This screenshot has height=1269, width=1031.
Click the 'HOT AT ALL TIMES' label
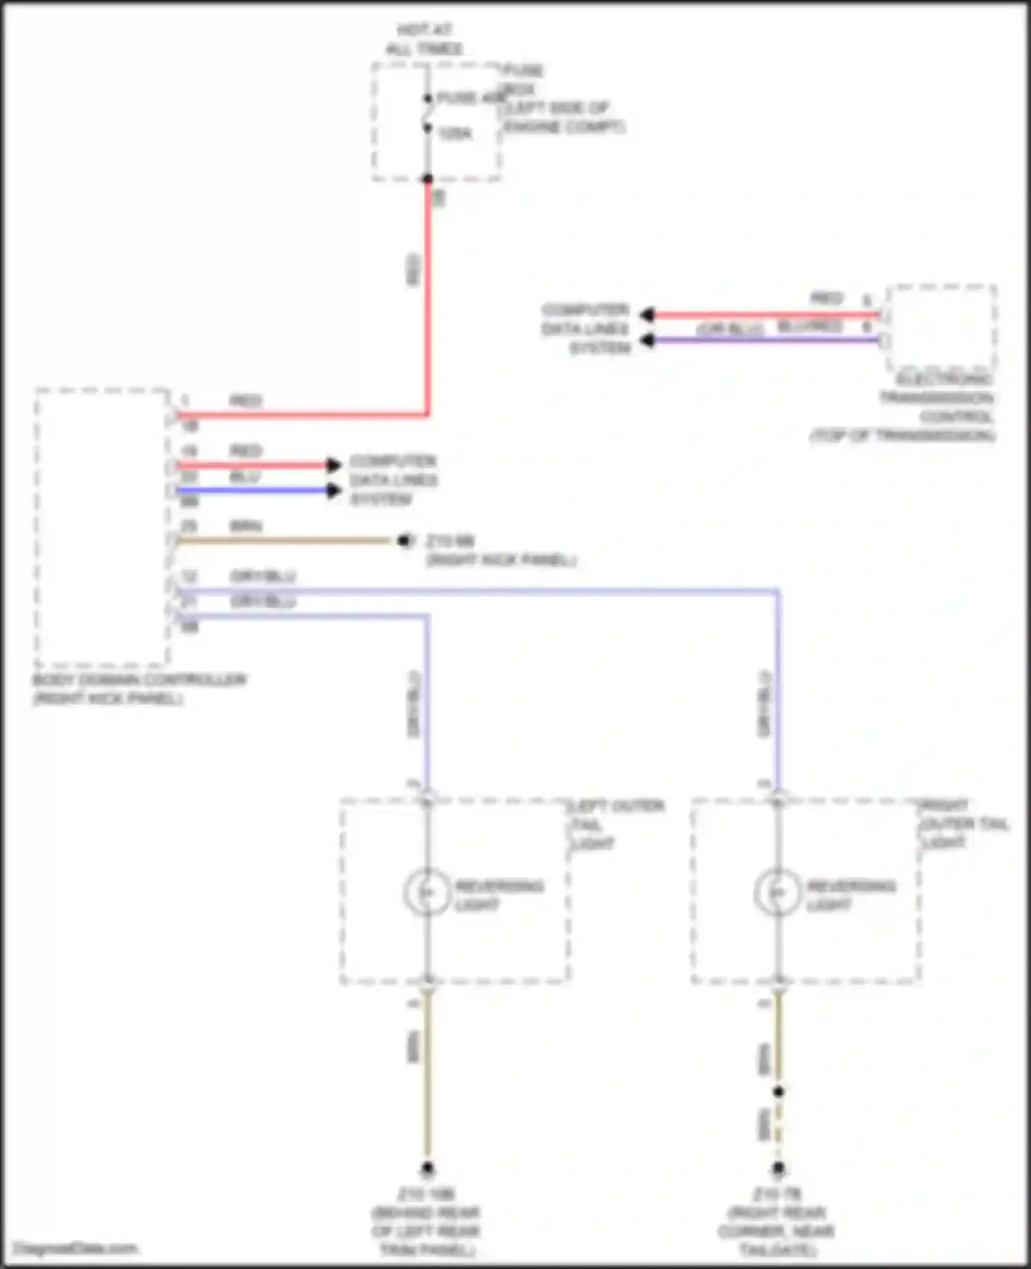click(x=424, y=39)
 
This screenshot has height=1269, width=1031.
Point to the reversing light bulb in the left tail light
click(x=427, y=892)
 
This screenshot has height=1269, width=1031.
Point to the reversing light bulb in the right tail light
click(x=777, y=892)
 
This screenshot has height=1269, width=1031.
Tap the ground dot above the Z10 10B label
click(x=427, y=1168)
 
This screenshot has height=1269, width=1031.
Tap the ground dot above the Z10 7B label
click(x=778, y=1168)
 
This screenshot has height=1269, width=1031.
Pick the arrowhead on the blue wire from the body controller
click(x=334, y=490)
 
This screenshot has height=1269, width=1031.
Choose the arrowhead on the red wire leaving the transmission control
click(x=646, y=315)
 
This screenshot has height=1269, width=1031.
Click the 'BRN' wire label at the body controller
click(x=245, y=527)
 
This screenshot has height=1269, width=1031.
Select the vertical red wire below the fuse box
click(x=428, y=296)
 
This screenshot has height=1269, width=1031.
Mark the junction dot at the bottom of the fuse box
click(x=428, y=179)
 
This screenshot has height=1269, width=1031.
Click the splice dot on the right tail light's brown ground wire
click(x=778, y=1092)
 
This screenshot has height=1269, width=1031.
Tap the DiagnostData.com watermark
click(x=76, y=1248)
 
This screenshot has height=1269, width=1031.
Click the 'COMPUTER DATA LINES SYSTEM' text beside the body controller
click(x=393, y=480)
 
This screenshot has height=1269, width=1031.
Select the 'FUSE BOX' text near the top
click(x=524, y=79)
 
